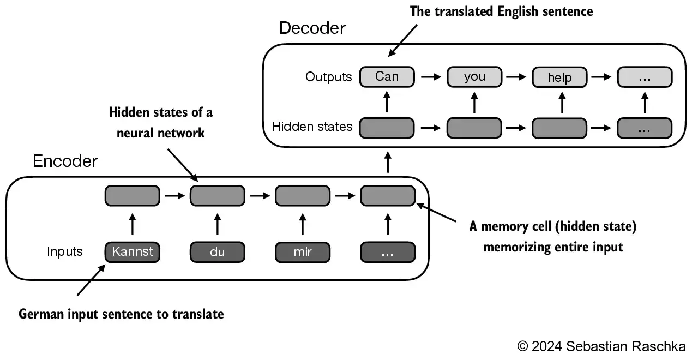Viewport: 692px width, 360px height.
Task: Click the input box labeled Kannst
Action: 132,252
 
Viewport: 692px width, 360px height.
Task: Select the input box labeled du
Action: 217,252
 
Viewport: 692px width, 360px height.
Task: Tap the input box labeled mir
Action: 302,252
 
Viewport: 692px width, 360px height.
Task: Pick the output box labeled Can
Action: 387,77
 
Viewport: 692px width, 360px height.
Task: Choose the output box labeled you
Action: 474,77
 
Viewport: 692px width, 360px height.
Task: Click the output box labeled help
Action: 559,77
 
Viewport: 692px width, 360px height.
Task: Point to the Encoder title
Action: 65,161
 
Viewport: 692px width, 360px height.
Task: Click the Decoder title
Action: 312,28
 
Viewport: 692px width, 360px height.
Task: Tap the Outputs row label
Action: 329,77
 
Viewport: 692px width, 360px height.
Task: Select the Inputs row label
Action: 65,252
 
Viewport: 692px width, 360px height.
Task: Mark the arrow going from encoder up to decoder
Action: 388,163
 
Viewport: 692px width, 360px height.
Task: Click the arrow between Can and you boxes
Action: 430,77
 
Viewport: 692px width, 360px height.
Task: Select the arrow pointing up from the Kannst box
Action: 132,224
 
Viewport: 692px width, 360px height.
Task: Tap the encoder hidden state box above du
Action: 217,195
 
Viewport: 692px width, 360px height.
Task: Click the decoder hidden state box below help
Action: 559,128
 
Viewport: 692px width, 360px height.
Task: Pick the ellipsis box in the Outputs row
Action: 645,77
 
